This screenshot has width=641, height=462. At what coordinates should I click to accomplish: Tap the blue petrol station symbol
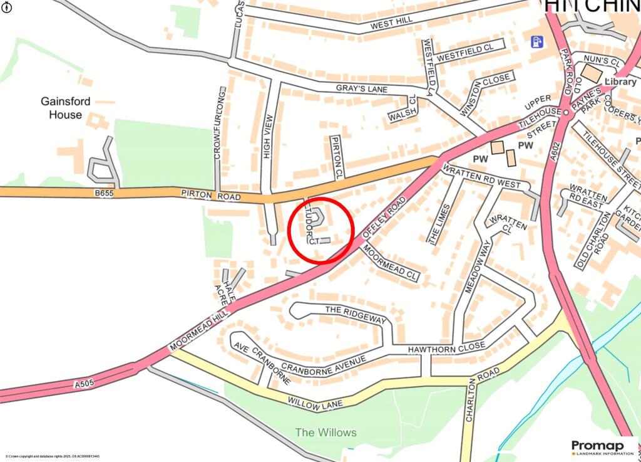536,42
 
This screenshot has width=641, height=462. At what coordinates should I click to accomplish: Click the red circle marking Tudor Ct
321,229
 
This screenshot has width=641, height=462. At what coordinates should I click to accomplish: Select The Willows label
326,433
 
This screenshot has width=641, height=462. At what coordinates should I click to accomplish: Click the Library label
620,81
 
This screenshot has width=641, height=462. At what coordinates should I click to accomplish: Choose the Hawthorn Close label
446,346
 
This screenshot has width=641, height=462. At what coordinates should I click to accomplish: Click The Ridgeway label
356,315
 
